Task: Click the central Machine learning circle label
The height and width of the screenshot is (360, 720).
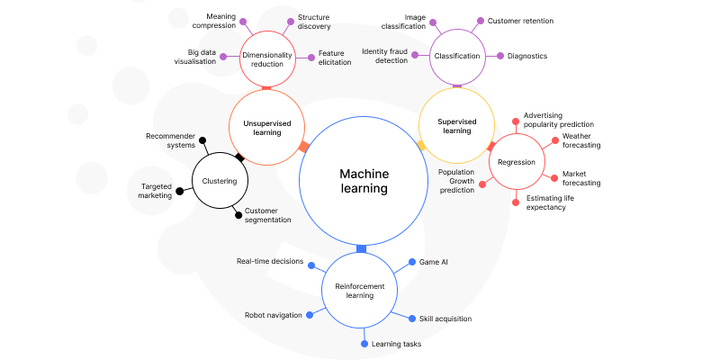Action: (x=364, y=182)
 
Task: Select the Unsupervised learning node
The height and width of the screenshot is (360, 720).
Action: (x=265, y=126)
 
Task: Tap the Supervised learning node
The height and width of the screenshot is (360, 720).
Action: (x=456, y=125)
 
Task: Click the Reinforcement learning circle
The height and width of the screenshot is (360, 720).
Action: (x=360, y=291)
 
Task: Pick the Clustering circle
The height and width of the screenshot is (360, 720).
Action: (x=220, y=181)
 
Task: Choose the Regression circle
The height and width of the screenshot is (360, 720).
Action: (x=517, y=163)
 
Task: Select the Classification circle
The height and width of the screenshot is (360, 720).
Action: (x=456, y=56)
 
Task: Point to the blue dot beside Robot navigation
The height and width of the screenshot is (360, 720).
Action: (x=310, y=315)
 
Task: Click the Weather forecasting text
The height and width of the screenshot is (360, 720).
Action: (x=581, y=140)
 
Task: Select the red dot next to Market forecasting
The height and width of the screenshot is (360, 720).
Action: (x=554, y=177)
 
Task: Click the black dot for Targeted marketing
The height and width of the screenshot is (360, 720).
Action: (x=179, y=191)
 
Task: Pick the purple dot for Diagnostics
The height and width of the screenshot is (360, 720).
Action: (x=500, y=56)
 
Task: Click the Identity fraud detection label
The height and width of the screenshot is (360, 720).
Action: (x=385, y=56)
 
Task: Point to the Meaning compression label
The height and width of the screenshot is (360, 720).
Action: (x=208, y=21)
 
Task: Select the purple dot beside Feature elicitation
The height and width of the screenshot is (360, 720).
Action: (x=311, y=56)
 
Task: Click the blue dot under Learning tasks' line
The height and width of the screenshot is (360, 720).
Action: (x=364, y=344)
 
